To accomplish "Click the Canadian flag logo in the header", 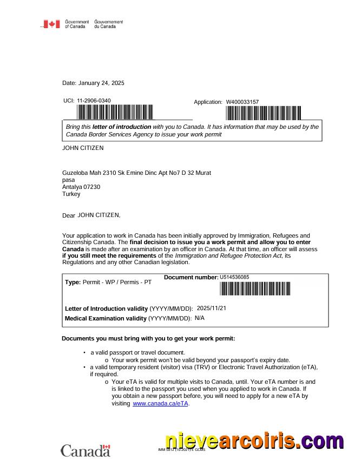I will (52, 24).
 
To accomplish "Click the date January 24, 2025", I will (101, 83).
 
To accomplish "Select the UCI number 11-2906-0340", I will (94, 101).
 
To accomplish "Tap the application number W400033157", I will (242, 102).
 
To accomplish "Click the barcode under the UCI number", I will (115, 112).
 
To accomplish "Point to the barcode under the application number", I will (263, 113).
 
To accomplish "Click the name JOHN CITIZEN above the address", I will (83, 147).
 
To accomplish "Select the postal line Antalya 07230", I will (81, 187).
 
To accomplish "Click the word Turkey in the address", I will (71, 194).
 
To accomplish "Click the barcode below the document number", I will (255, 289).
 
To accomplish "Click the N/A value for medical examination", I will (200, 318).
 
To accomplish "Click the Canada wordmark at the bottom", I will (86, 450).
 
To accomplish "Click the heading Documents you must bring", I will (148, 339).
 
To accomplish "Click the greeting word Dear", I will (69, 215).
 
